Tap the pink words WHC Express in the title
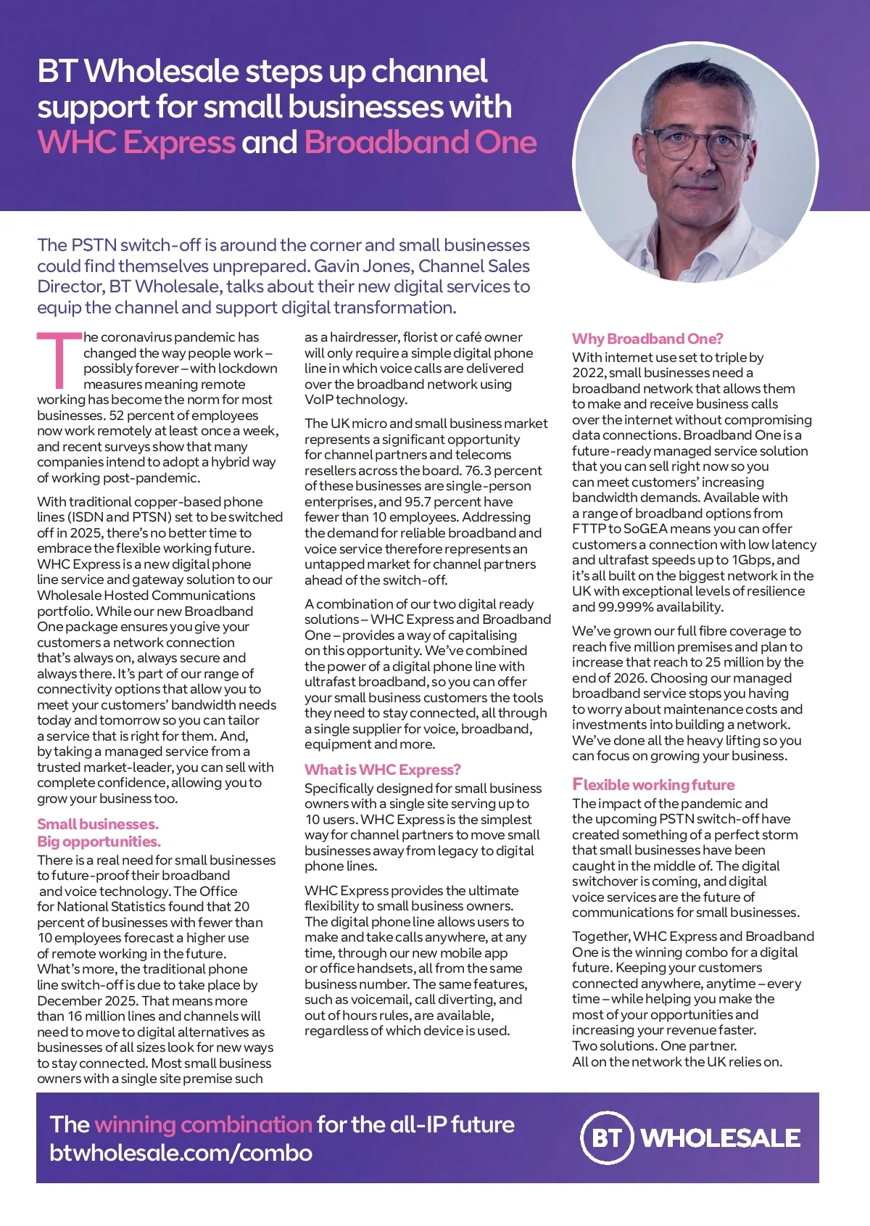pos(136,142)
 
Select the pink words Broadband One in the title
pos(420,142)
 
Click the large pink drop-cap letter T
pos(59,360)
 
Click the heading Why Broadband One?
pos(647,339)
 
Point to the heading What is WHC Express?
pos(382,770)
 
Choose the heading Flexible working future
pos(653,785)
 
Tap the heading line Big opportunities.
pos(99,842)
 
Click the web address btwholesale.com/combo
pos(181,1153)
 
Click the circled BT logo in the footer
pos(607,1137)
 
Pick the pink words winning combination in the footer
pos(203,1124)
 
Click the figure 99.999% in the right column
pos(628,607)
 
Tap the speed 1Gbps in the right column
pos(752,560)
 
